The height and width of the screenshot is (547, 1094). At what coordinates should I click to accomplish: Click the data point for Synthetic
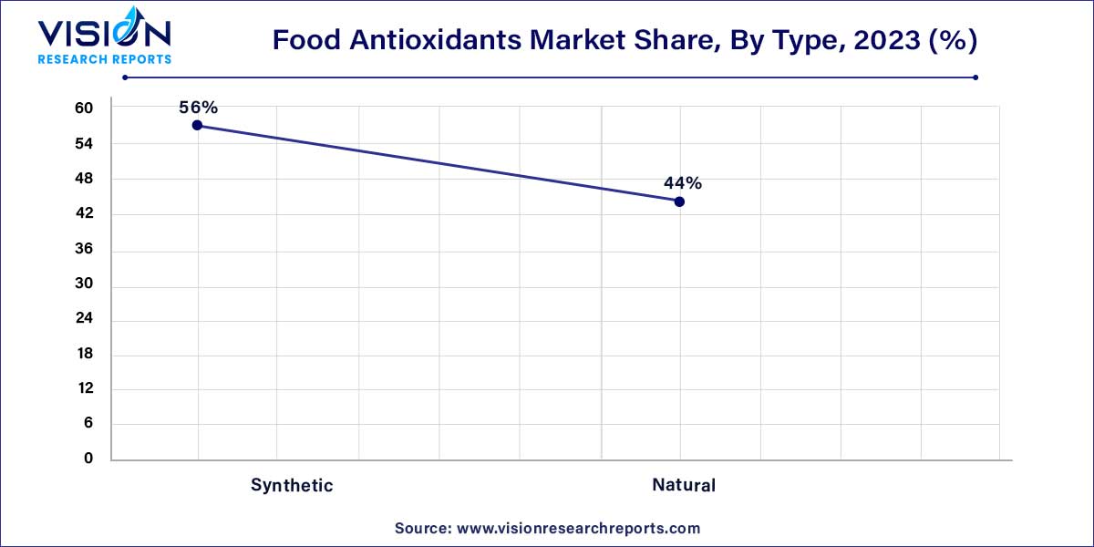(197, 125)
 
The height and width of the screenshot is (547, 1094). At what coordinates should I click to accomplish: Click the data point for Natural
(679, 201)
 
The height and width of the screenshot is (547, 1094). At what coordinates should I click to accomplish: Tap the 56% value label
(198, 107)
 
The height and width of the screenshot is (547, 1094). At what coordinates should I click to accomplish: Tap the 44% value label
(683, 183)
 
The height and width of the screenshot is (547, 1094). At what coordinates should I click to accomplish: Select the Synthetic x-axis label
(292, 485)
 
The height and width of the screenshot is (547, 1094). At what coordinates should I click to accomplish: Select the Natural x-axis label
(684, 485)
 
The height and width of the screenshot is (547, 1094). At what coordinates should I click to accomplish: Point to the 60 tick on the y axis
(84, 108)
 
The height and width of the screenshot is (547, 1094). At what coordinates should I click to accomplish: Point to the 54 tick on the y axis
(84, 144)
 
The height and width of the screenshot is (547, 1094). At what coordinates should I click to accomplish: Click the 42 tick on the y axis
(84, 214)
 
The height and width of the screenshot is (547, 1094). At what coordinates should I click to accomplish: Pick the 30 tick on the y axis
(84, 284)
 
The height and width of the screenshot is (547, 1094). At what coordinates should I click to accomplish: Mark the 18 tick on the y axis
(84, 354)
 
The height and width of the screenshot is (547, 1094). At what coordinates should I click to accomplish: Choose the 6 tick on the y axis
(88, 424)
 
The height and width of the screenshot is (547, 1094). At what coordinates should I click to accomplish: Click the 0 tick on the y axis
(88, 459)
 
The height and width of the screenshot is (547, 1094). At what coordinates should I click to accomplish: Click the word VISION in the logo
(103, 35)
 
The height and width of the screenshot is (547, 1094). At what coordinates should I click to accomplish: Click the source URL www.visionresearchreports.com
(577, 528)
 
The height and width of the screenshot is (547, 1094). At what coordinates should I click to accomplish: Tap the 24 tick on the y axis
(84, 319)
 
